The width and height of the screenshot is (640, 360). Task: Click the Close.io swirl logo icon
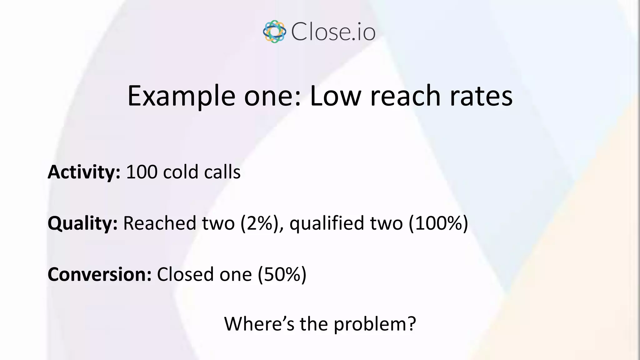(274, 32)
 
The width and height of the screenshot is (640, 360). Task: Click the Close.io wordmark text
(333, 32)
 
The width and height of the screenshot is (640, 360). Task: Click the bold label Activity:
(84, 172)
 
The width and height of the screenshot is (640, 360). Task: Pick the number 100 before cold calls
(142, 172)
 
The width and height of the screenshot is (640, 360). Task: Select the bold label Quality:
(82, 223)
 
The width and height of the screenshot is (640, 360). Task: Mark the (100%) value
(438, 223)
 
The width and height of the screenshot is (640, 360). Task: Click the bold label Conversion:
(99, 274)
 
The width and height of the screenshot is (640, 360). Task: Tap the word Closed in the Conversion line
(185, 274)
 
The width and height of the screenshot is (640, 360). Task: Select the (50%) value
(282, 274)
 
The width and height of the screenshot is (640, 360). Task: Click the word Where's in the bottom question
(259, 324)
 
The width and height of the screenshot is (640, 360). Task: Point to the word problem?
(375, 324)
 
